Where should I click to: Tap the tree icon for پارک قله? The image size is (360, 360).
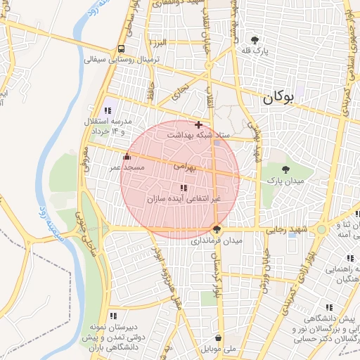[255, 40]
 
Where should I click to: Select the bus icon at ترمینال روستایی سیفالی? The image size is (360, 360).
[122, 49]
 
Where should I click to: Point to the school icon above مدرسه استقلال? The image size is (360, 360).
[108, 110]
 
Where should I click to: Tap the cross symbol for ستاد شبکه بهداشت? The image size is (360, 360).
[198, 124]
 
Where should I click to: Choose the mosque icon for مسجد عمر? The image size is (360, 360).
[127, 157]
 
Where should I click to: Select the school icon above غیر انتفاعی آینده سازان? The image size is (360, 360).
[184, 188]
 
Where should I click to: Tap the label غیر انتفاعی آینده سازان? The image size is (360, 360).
[184, 200]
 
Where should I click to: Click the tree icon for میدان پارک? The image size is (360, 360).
[285, 169]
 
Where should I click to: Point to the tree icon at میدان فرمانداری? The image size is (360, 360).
[216, 229]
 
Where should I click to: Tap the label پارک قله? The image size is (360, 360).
[257, 51]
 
